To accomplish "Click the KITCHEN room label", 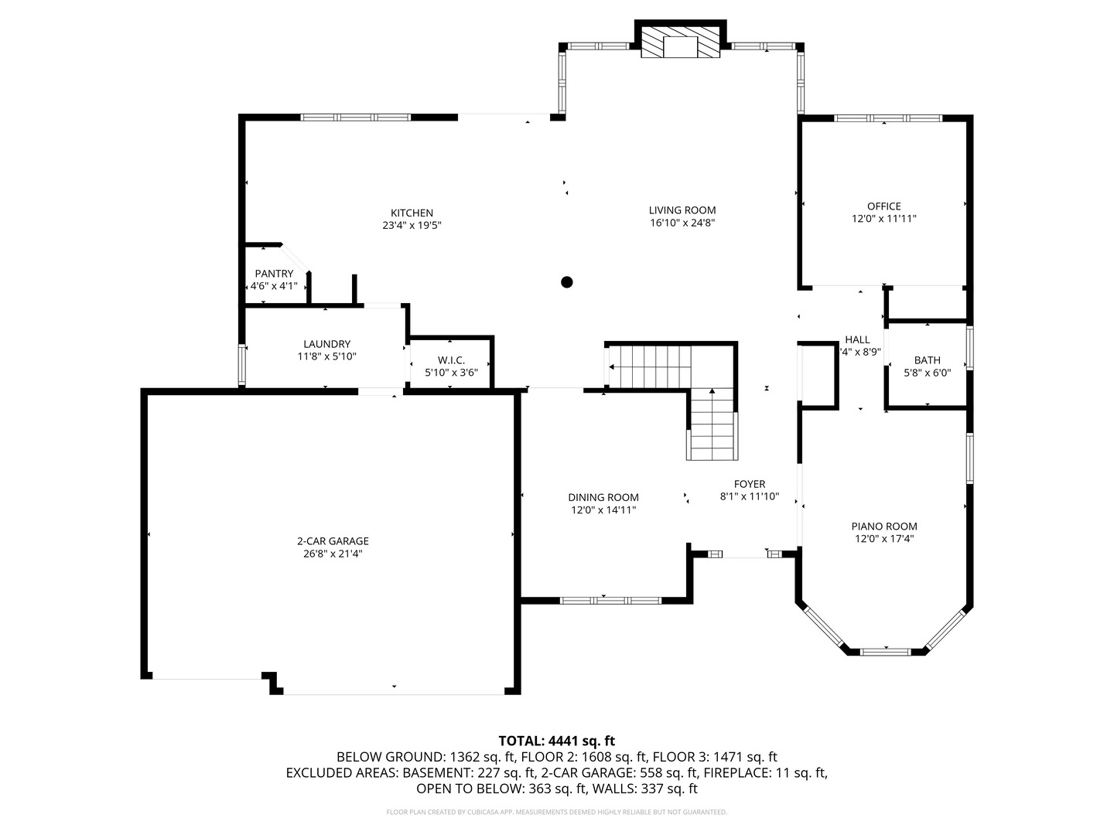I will point(412,213).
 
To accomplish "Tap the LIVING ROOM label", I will point(682,210).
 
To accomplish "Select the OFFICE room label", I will point(883,206).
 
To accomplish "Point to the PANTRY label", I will point(274,274).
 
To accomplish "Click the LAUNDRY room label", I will point(326,344).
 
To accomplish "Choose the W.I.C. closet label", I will point(451,360).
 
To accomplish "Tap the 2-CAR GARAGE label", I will point(333,541).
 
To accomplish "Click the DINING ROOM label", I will point(603,498).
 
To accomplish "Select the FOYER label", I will point(749,485).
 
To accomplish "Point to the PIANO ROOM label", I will point(884,527).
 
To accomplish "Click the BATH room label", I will point(927,360).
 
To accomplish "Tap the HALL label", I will point(857,339).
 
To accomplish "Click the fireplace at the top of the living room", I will point(681,45).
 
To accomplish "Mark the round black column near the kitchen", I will point(566,282).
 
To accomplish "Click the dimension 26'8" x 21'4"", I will point(333,554).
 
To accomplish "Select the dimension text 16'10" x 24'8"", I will point(682,223).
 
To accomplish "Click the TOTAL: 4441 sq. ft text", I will point(556,741).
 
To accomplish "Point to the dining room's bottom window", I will point(610,600).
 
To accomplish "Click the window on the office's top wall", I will point(887,118).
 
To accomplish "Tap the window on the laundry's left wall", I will point(242,365).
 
